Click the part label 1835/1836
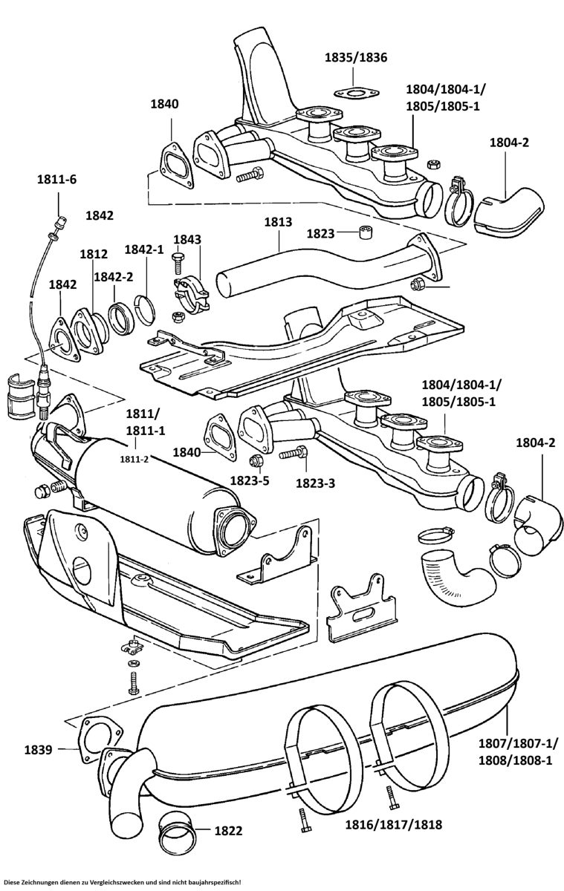[x=355, y=58]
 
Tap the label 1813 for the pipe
[x=279, y=221]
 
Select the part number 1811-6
[x=57, y=178]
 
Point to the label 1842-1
[x=143, y=250]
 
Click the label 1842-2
[x=114, y=276]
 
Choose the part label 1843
[x=187, y=239]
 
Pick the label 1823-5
[x=250, y=480]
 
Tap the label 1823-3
[x=315, y=483]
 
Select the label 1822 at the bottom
[x=228, y=830]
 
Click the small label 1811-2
[x=135, y=459]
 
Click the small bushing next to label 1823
[x=364, y=234]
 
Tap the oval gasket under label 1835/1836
[x=351, y=94]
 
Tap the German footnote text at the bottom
[x=123, y=881]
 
